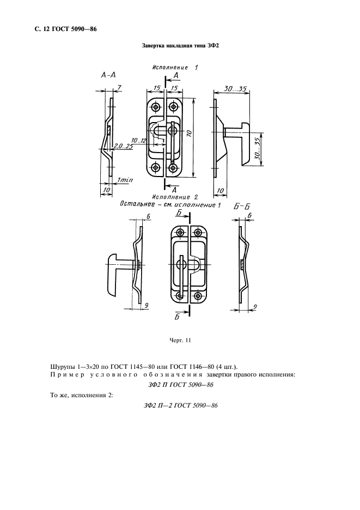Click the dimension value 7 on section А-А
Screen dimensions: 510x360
[x=119, y=88]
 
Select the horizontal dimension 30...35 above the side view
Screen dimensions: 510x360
[x=235, y=88]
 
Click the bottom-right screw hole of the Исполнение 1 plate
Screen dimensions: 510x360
[x=174, y=167]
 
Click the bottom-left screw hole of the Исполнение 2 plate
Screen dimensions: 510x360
[x=180, y=295]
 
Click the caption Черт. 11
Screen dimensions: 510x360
[x=180, y=341]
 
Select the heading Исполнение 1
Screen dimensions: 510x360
[x=174, y=68]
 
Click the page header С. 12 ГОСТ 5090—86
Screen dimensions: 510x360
[x=58, y=28]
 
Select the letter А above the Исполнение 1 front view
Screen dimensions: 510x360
[x=175, y=75]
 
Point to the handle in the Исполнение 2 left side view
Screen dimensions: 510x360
[x=115, y=272]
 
